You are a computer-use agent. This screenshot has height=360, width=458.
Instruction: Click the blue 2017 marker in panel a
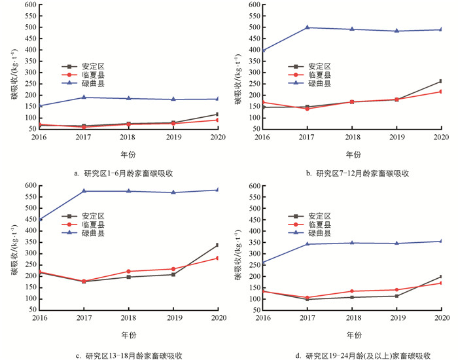tap(83, 98)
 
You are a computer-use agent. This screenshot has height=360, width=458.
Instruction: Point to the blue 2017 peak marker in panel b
tap(307, 27)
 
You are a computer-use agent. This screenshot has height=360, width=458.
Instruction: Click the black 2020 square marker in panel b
tap(441, 81)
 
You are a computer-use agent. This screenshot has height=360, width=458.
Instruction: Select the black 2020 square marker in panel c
tap(217, 245)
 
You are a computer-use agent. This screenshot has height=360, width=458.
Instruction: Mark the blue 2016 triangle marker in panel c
tap(39, 219)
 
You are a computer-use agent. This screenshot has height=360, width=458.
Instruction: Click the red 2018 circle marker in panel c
tap(128, 271)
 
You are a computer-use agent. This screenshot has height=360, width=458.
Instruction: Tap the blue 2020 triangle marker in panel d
tap(441, 241)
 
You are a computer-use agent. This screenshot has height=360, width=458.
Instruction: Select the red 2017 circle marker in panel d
tap(307, 298)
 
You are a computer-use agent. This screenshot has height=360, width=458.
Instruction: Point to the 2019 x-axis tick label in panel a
tap(173, 137)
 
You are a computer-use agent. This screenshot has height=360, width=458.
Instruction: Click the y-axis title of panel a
tap(14, 79)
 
